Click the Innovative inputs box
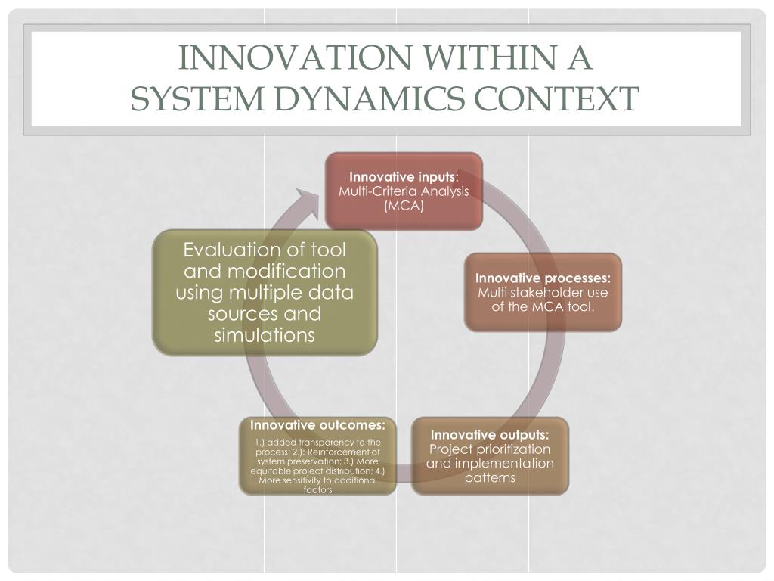[x=404, y=191]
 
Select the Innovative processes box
[x=543, y=292]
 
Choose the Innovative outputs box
[x=490, y=455]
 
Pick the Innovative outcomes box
[x=317, y=455]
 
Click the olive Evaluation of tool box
[x=265, y=293]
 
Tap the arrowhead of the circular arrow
[x=305, y=202]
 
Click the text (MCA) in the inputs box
[x=404, y=206]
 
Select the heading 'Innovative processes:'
[x=543, y=278]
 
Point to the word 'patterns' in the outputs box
[x=490, y=477]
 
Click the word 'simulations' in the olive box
[x=265, y=335]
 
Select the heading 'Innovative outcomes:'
[x=317, y=424]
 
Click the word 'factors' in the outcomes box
[x=317, y=490]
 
